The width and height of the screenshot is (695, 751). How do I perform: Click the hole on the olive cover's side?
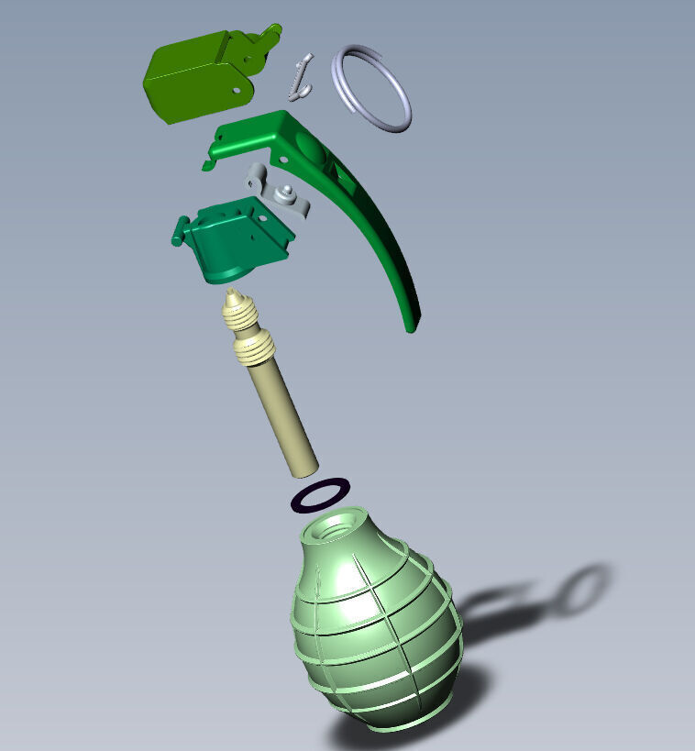tap(237, 91)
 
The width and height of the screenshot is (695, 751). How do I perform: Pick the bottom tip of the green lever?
tap(412, 323)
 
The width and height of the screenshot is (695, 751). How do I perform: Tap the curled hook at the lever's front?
tap(209, 165)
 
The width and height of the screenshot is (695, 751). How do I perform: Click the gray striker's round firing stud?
tap(287, 191)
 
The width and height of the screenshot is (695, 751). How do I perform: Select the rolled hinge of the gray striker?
tap(256, 177)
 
